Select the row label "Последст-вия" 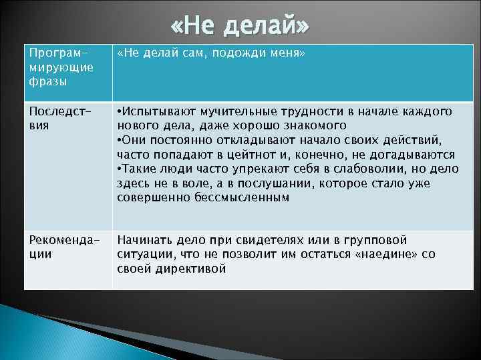point(51,117)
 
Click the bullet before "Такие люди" point(119,169)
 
